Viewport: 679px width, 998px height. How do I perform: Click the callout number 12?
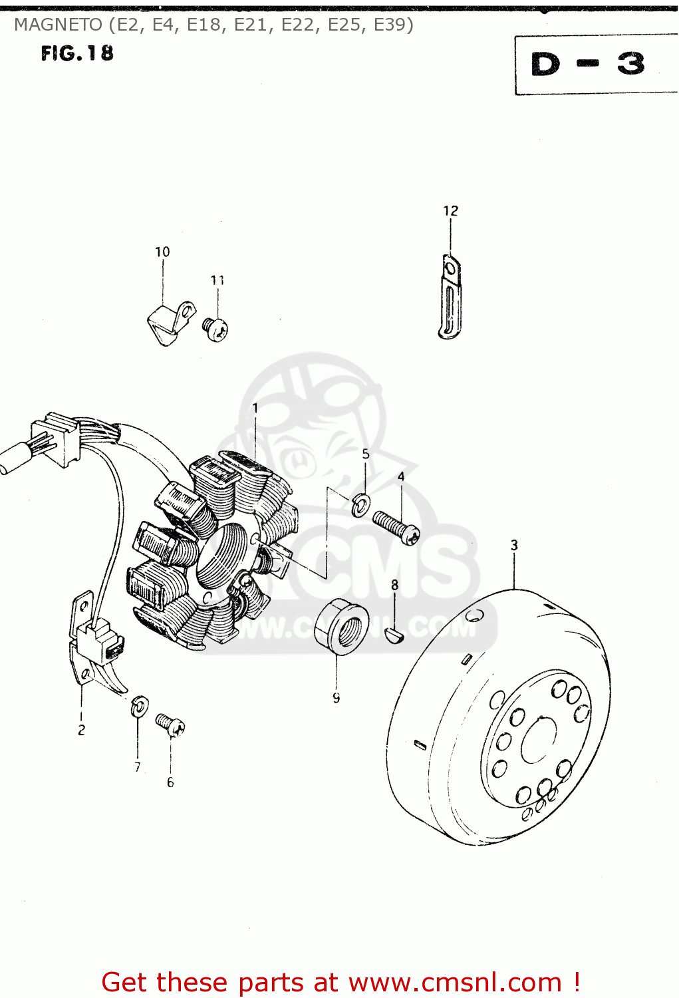450,211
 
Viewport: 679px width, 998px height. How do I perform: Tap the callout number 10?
162,252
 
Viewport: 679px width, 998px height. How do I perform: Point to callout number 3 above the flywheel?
514,546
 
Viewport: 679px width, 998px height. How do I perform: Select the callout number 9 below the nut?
337,698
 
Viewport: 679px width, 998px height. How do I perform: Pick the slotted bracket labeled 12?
450,297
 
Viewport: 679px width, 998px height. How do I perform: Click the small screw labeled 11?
215,328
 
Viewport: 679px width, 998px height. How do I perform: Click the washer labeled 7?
139,706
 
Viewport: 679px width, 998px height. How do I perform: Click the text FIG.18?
77,53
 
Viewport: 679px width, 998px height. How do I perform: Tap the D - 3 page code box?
588,65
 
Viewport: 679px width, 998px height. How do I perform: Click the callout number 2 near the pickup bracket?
81,730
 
